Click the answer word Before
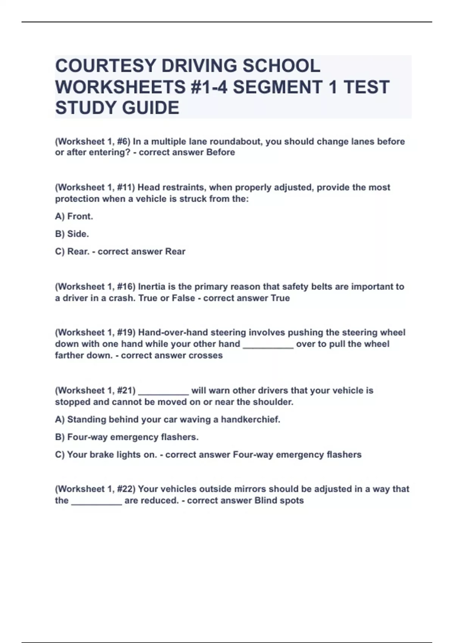pyautogui.click(x=220, y=152)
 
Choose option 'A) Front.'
pyautogui.click(x=74, y=216)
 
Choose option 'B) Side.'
pyautogui.click(x=72, y=234)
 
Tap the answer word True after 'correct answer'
pyautogui.click(x=280, y=298)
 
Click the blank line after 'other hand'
pyautogui.click(x=268, y=345)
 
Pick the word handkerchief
pyautogui.click(x=250, y=419)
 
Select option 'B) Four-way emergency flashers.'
pyautogui.click(x=127, y=437)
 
